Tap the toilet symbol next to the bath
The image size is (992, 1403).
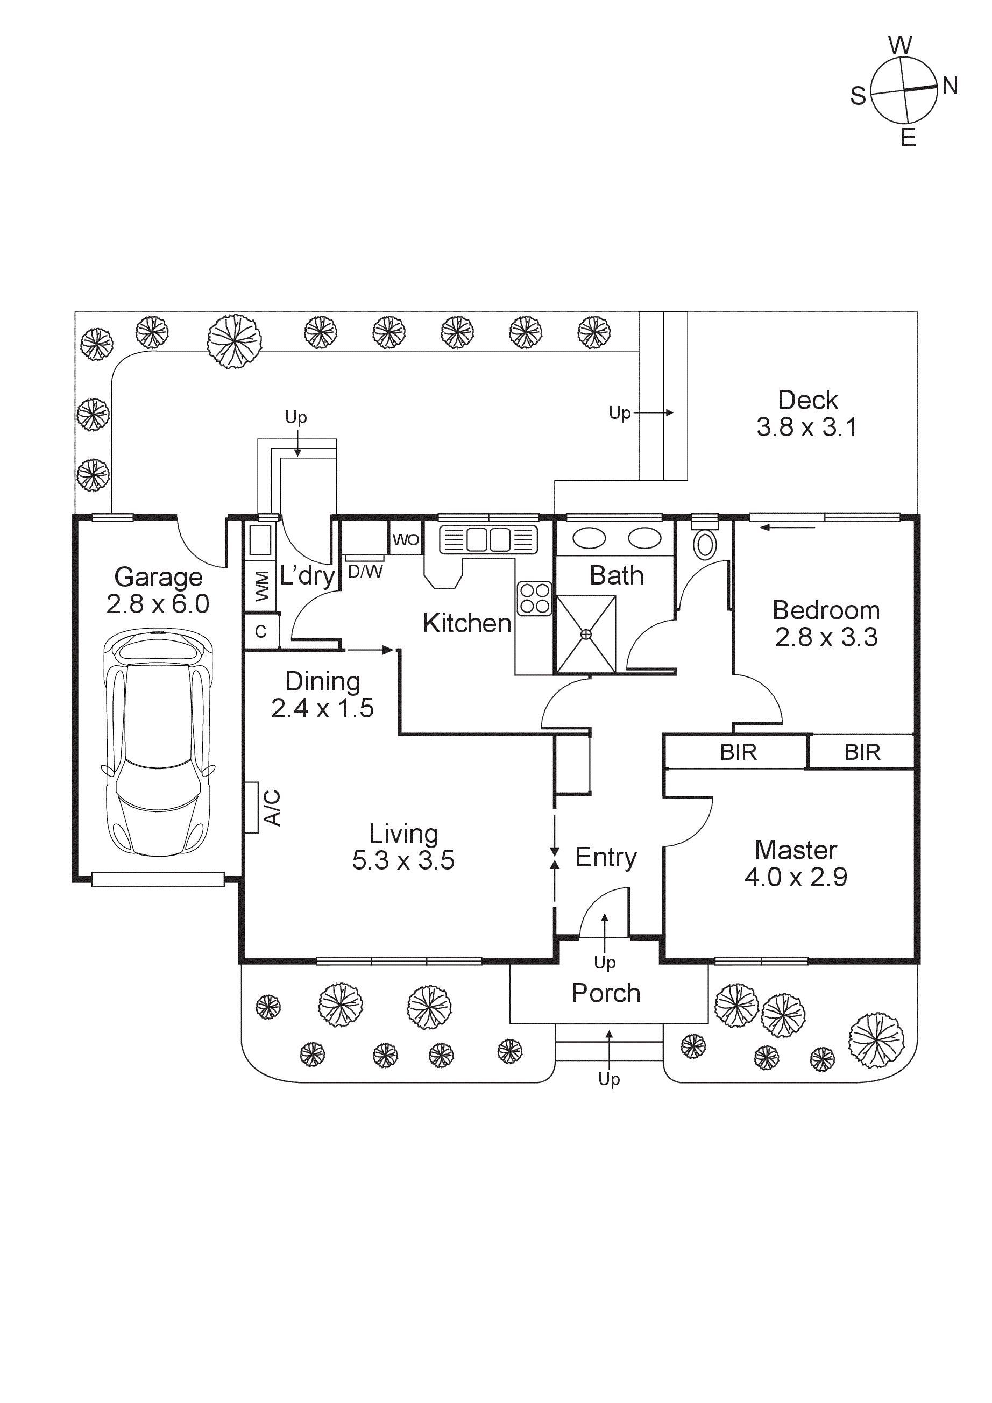coord(705,544)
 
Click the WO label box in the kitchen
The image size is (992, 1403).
coord(406,539)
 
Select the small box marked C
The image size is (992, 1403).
coord(261,631)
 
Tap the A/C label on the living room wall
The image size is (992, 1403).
coord(272,807)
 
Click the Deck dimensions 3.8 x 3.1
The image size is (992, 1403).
coord(807,427)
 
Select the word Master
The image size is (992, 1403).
coord(796,850)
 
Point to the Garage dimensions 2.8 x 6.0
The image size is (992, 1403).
coord(158,604)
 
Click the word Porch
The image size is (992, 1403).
coord(606,993)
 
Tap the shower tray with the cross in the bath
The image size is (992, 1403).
coord(585,635)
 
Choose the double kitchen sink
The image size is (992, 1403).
coord(488,539)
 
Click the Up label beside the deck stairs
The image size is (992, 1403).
coord(620,413)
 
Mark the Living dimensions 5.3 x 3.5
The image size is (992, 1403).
coord(403,860)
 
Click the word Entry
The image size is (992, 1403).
coord(606,857)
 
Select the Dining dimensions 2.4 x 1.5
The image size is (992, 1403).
coord(322,708)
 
